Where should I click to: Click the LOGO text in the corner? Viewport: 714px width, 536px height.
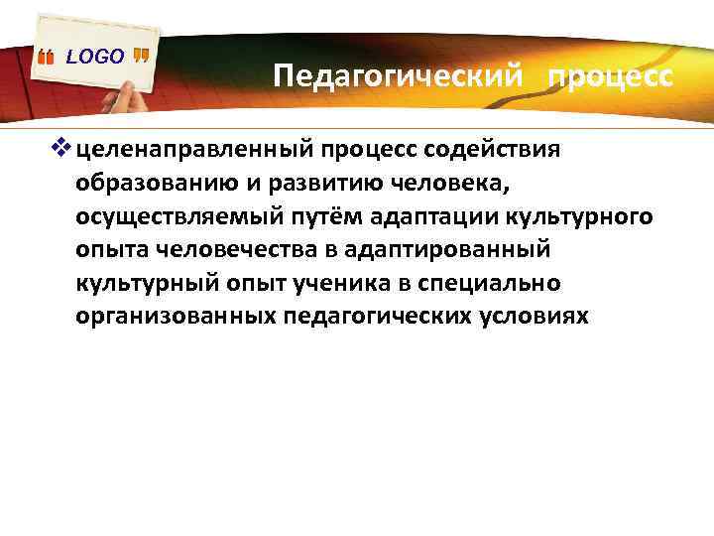coord(95,57)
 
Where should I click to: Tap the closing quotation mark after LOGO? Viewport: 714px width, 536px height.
coord(140,57)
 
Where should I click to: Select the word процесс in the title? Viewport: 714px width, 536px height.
coord(609,77)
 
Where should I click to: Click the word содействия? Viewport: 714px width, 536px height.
coord(493,150)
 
